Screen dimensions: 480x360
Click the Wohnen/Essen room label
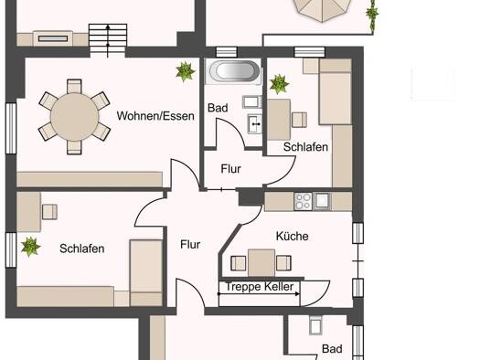click(x=155, y=116)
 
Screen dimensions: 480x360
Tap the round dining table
click(x=74, y=117)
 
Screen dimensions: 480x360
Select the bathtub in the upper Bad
click(x=234, y=71)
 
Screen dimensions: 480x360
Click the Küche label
click(x=292, y=236)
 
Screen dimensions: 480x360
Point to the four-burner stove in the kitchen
click(x=303, y=201)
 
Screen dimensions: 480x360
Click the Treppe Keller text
click(x=260, y=287)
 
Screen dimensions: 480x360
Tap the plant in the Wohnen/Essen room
click(x=185, y=71)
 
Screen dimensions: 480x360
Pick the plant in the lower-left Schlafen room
click(x=30, y=247)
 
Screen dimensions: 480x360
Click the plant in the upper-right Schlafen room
click(x=279, y=84)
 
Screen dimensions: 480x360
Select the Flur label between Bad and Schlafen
click(x=230, y=169)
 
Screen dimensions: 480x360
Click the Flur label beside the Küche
click(x=190, y=244)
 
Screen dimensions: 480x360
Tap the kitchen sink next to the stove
click(x=322, y=201)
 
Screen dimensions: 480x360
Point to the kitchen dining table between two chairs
click(x=261, y=263)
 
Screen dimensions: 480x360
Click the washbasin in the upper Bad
click(x=255, y=123)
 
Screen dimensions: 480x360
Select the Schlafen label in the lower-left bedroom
click(x=81, y=249)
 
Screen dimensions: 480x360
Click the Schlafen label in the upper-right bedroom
click(x=305, y=147)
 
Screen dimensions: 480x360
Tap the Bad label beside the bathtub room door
click(x=218, y=108)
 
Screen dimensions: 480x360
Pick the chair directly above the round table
click(x=74, y=86)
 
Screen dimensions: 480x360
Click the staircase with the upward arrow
click(x=108, y=41)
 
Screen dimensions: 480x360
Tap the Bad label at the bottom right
click(x=332, y=349)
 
